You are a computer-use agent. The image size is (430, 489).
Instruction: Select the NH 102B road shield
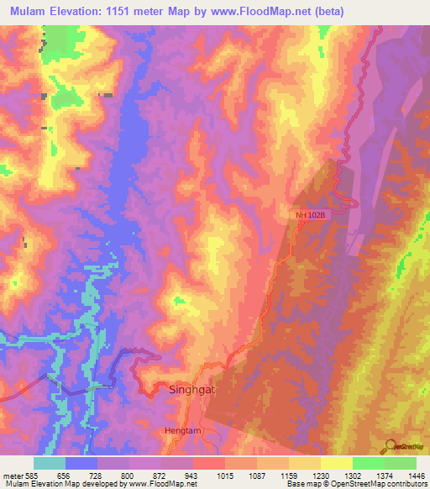tap(309, 215)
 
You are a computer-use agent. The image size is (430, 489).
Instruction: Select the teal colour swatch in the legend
tap(50, 463)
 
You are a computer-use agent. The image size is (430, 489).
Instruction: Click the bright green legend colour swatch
tap(369, 463)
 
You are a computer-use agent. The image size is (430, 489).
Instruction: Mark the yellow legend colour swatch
tap(305, 463)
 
